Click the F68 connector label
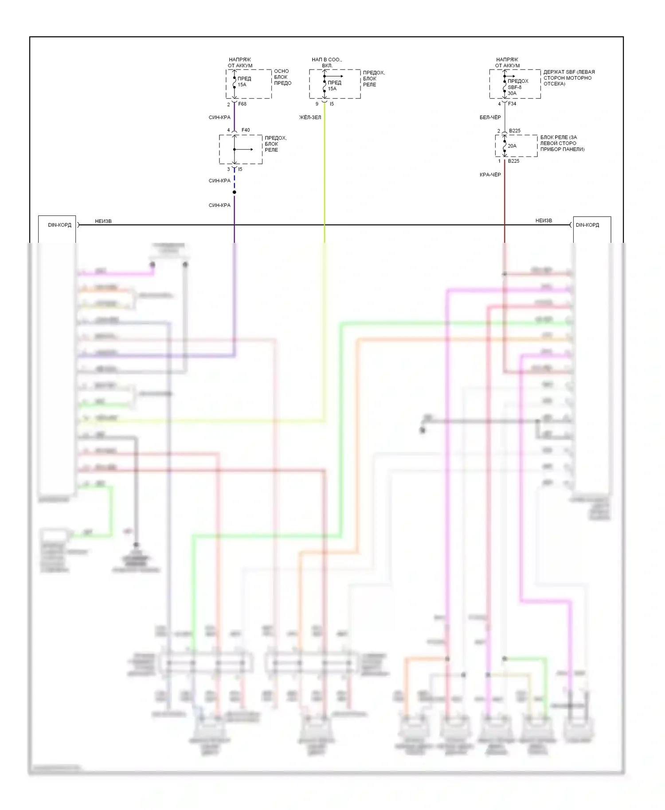[242, 104]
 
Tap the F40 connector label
[246, 130]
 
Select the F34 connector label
[512, 104]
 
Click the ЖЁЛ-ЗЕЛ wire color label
[310, 117]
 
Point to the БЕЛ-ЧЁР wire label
[490, 117]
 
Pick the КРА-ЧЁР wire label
[490, 175]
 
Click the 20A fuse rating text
[512, 146]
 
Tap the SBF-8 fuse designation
[514, 87]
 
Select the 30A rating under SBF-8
[512, 93]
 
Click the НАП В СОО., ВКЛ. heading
[327, 62]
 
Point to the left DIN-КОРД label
[59, 225]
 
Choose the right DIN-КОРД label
[587, 225]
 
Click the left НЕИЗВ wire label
[103, 221]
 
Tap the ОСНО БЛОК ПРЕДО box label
[282, 77]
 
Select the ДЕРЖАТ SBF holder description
[569, 78]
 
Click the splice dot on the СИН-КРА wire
[235, 192]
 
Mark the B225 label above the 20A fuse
[515, 131]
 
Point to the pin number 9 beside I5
[317, 104]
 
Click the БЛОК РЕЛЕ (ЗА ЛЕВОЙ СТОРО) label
[562, 144]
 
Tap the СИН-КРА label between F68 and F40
[219, 117]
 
